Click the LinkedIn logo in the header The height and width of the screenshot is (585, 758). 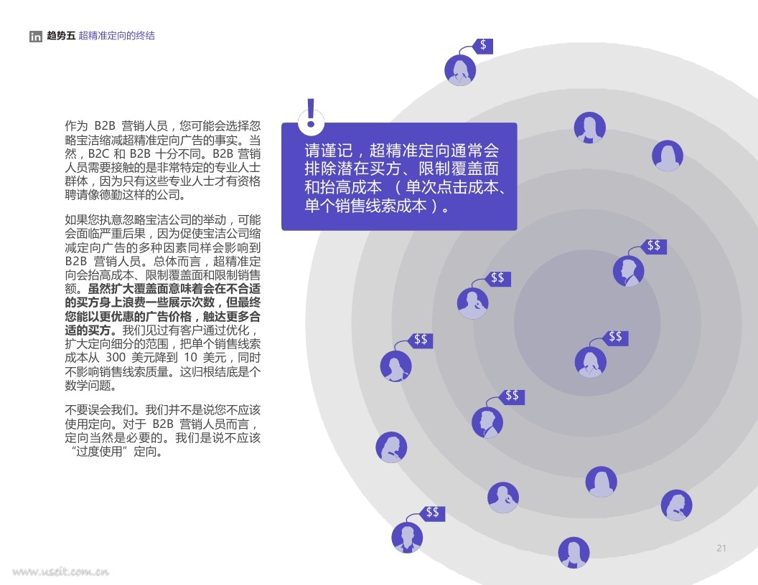36,36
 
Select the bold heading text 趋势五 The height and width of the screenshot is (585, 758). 61,36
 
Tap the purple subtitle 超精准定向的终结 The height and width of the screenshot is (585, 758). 116,36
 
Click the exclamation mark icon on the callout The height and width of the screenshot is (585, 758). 310,115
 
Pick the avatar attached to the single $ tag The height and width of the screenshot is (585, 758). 460,70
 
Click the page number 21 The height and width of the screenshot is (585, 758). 721,548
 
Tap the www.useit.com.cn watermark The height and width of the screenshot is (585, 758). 61,572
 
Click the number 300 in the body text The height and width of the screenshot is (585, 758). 116,358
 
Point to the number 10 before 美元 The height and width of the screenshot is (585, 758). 190,358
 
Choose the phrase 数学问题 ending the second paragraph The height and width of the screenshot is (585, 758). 90,386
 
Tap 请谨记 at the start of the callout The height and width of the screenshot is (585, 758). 329,151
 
